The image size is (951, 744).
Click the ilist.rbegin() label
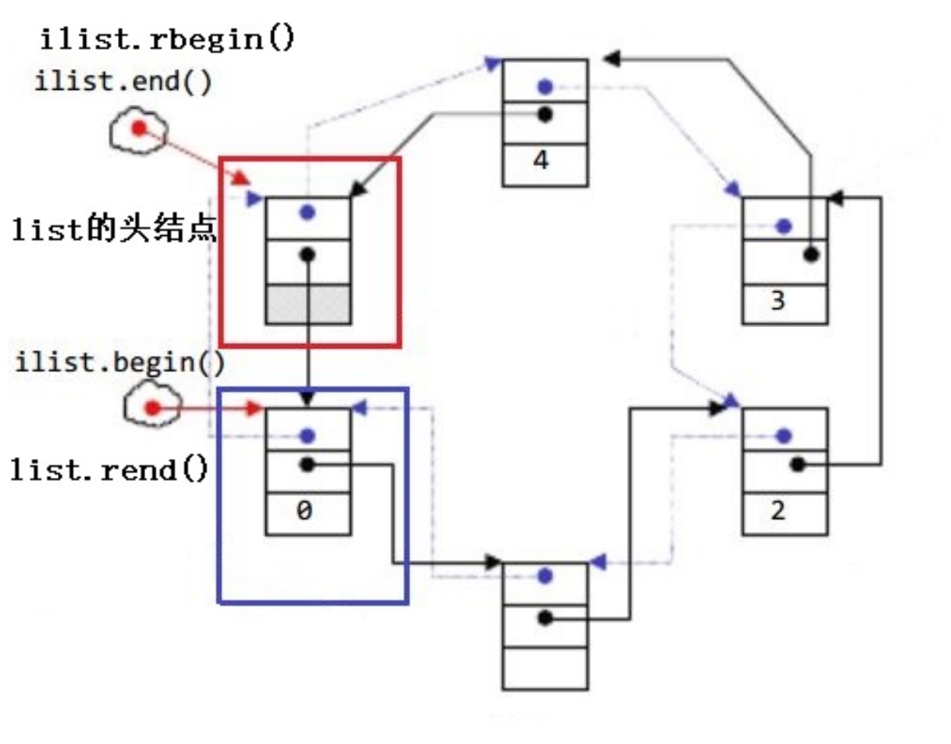[167, 38]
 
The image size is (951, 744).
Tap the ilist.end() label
[123, 81]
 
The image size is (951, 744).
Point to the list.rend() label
[109, 469]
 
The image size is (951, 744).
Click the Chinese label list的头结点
[114, 228]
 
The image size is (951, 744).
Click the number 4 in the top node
[541, 161]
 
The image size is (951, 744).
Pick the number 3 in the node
[778, 301]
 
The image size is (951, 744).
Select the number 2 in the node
[778, 510]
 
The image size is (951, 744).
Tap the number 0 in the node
[304, 510]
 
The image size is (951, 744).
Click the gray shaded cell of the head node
[308, 304]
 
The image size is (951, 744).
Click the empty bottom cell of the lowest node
[545, 668]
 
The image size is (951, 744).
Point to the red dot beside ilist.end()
[138, 128]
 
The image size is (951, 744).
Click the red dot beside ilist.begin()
[152, 409]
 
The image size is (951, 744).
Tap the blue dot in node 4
[545, 87]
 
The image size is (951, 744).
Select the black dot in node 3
[811, 255]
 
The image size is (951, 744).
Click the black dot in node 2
[797, 464]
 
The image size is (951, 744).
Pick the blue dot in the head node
[307, 213]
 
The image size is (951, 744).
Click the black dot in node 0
[307, 464]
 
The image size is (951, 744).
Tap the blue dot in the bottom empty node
[545, 577]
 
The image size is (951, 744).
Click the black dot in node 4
[545, 115]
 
